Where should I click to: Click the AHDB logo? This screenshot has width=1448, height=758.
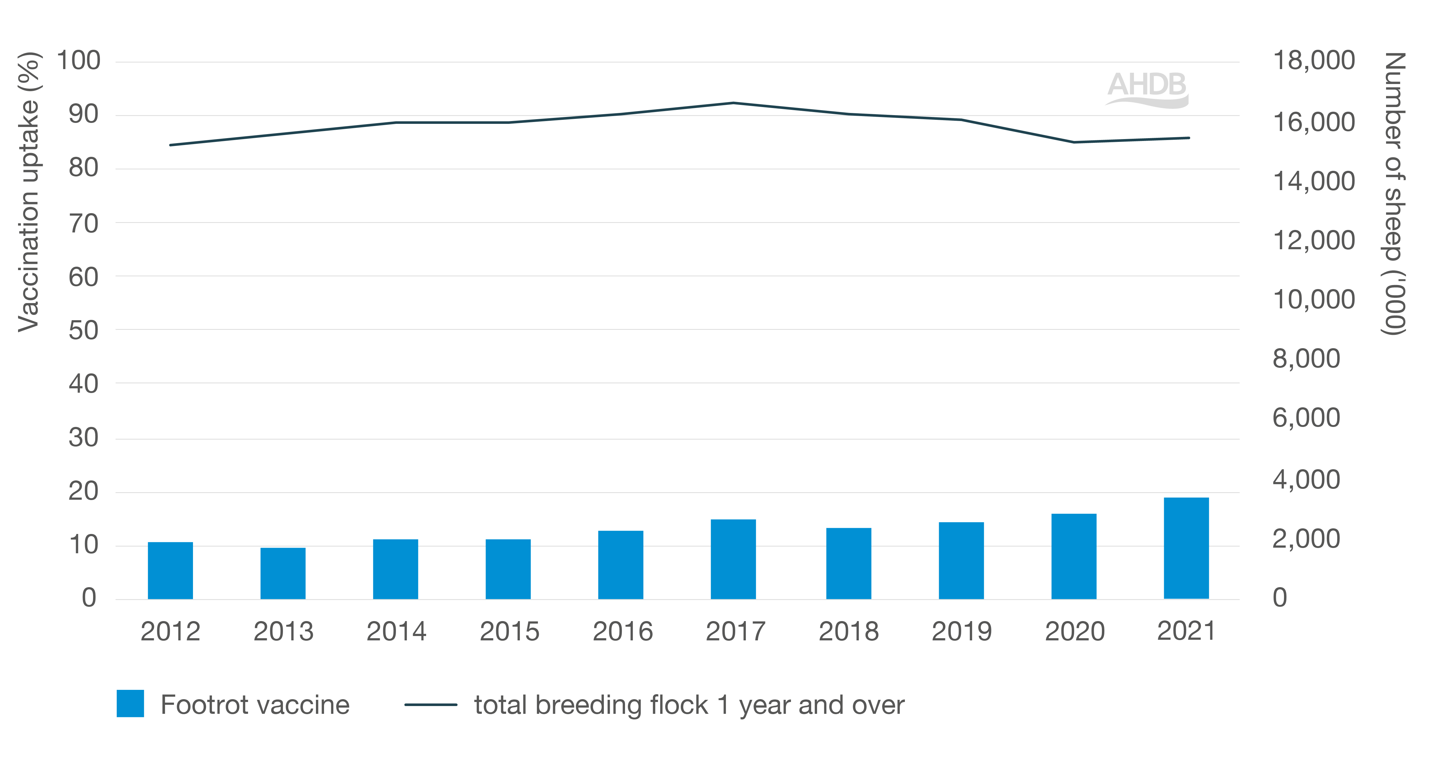click(x=1147, y=89)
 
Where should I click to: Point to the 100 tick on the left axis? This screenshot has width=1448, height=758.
click(x=79, y=61)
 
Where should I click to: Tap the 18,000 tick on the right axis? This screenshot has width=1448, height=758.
click(x=1314, y=61)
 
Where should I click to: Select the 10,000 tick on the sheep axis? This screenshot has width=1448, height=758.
click(x=1314, y=299)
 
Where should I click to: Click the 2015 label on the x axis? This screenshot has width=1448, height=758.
click(x=509, y=632)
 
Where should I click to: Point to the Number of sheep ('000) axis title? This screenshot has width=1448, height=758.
click(x=1394, y=194)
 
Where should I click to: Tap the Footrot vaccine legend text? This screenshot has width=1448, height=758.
click(x=255, y=704)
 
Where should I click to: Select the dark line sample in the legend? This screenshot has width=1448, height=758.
click(x=430, y=704)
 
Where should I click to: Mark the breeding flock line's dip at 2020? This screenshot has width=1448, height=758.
click(x=1074, y=142)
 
